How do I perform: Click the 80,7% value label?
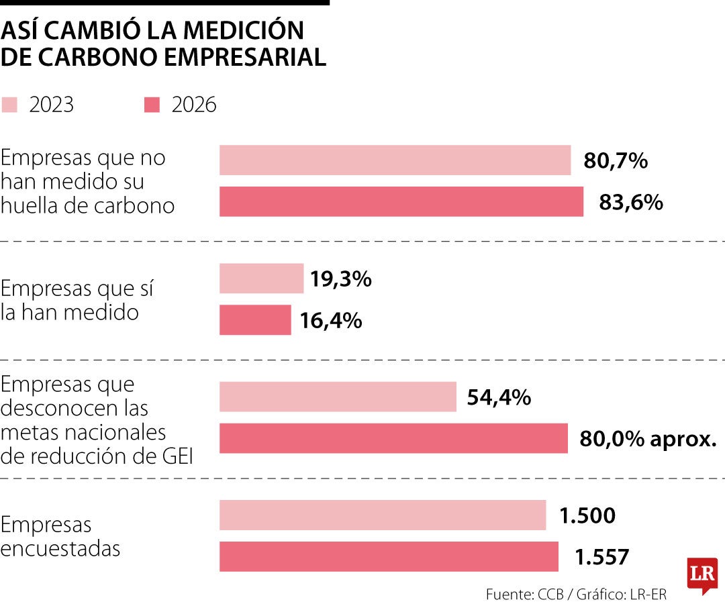616,161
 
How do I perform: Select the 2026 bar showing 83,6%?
401,202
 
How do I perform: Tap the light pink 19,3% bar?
261,279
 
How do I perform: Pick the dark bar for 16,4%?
255,320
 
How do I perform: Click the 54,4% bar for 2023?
338,397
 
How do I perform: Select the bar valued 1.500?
383,515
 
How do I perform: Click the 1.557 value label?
602,557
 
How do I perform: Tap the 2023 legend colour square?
10,105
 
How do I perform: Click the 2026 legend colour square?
152,105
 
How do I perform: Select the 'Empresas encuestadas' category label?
60,536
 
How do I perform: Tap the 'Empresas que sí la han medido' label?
77,300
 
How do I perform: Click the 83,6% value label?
631,203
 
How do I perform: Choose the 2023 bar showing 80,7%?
395,160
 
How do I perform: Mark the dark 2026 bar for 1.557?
389,557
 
